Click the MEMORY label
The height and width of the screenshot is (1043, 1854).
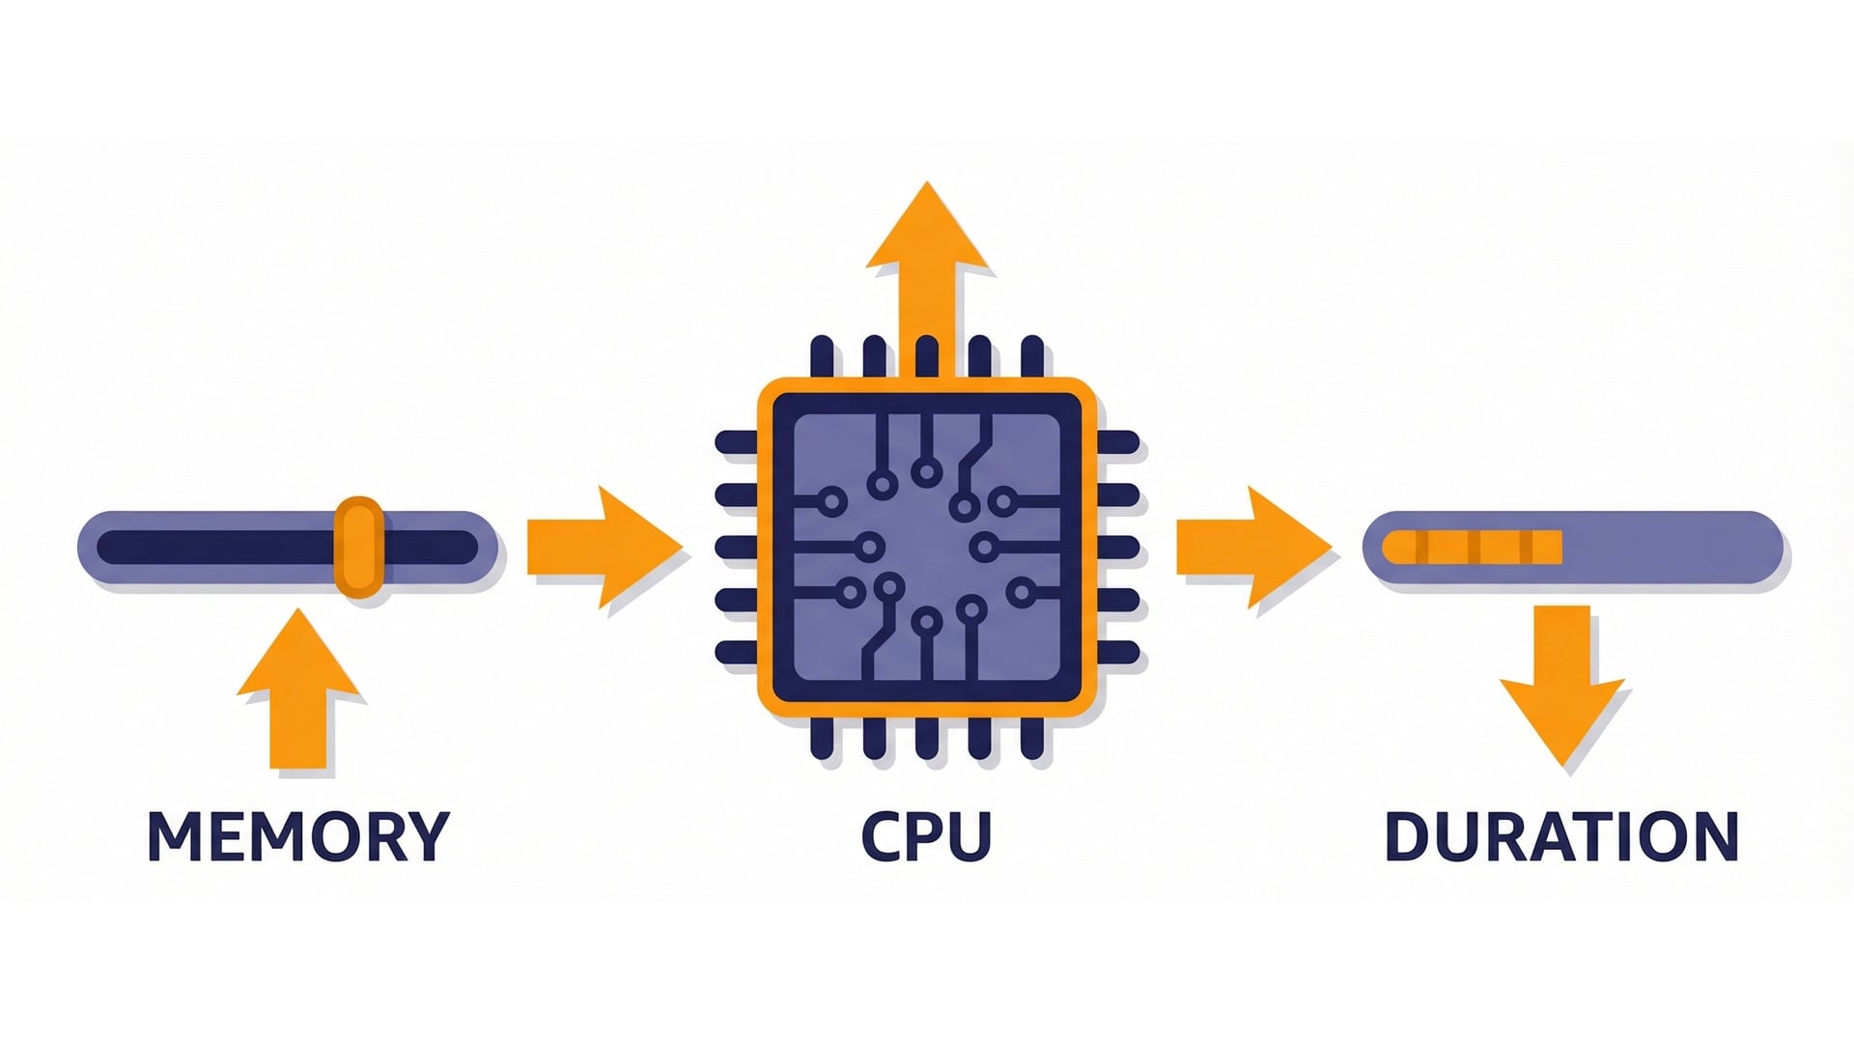point(298,836)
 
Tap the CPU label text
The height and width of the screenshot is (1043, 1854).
point(926,836)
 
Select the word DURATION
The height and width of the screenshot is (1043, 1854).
point(1561,836)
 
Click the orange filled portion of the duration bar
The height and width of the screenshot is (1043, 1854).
point(1473,547)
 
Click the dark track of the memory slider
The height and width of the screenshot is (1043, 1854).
point(212,547)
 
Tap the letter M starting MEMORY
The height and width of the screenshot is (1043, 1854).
point(171,836)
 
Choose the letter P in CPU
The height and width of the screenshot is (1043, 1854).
point(926,836)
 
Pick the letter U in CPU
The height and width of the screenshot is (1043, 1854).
point(970,836)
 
